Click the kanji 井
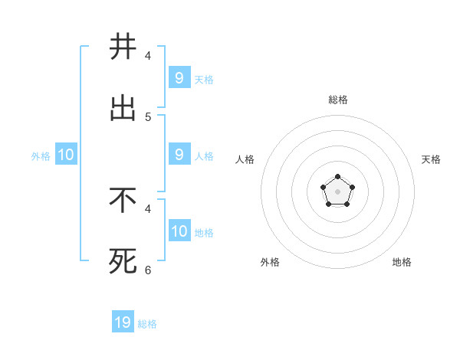[123, 47]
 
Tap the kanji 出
[123, 109]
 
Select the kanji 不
[123, 201]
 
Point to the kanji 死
[123, 262]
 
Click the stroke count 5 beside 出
[148, 117]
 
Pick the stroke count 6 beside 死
[148, 270]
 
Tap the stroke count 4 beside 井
[148, 56]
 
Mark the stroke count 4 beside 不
[148, 208]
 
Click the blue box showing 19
[123, 322]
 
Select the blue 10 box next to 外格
[65, 155]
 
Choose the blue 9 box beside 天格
[179, 78]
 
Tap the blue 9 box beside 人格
[179, 155]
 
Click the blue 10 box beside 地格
[179, 231]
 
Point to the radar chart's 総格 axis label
[338, 100]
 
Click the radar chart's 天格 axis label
[431, 159]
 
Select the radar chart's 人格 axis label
[245, 159]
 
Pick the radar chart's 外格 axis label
[270, 262]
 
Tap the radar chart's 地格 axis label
[402, 262]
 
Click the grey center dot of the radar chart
[337, 191]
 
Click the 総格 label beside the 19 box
[147, 324]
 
